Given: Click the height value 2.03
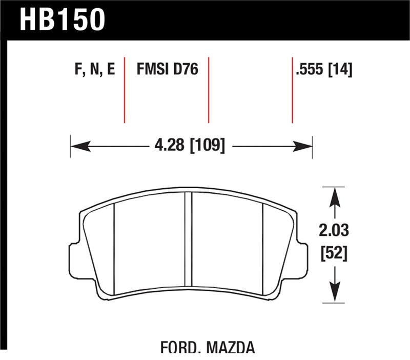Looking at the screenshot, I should [x=334, y=231].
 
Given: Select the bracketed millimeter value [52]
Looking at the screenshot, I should [x=334, y=253].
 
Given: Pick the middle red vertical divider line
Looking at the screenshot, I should [x=209, y=90].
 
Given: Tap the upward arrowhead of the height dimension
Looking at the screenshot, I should [x=334, y=195].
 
